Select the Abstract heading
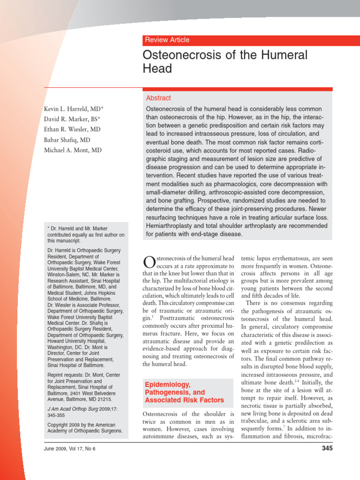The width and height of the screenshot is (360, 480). point(158,98)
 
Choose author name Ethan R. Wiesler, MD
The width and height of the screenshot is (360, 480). point(72,130)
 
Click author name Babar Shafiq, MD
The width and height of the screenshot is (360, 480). point(67,140)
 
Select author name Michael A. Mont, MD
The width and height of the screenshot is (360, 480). point(72,150)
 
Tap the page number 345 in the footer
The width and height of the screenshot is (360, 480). point(327,449)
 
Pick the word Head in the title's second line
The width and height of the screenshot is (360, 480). point(157,69)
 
